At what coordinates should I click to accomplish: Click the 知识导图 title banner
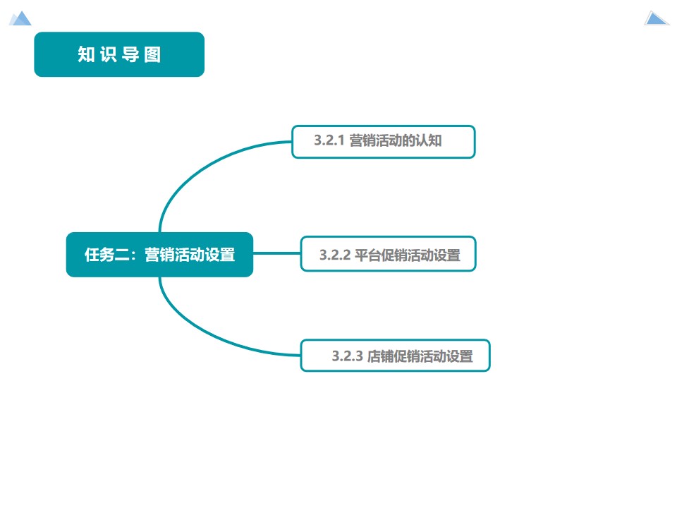click(119, 54)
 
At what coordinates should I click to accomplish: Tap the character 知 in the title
click(86, 55)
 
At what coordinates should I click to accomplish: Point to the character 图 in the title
click(153, 55)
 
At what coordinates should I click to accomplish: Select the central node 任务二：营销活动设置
click(159, 255)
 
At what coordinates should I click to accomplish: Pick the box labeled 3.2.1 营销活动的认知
click(384, 142)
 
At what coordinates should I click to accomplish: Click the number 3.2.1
click(329, 141)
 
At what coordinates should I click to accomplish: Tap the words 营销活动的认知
click(396, 141)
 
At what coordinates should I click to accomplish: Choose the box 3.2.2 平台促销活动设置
click(389, 254)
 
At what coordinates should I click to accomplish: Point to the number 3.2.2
click(334, 255)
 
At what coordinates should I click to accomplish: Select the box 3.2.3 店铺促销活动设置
click(395, 356)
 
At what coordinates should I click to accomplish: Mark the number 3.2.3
click(347, 357)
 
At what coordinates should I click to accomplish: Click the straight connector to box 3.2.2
click(276, 254)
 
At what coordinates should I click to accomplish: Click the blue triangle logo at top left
click(20, 18)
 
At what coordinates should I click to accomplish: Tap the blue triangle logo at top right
click(656, 18)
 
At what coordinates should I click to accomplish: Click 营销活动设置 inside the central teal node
click(190, 255)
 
